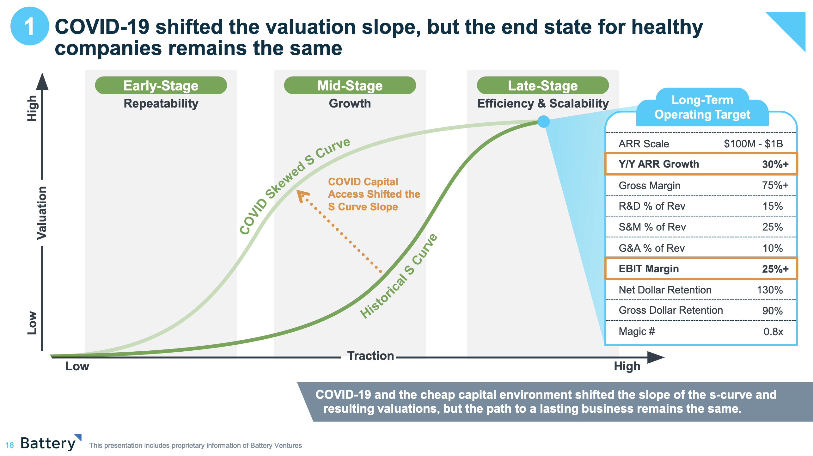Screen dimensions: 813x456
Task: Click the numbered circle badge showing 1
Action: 30,26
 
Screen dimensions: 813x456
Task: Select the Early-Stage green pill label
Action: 161,85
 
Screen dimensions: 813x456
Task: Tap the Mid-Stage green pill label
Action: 350,85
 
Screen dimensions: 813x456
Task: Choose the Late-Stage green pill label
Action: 543,85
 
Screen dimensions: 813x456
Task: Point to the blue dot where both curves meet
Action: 544,121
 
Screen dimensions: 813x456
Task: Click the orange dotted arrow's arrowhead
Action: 302,195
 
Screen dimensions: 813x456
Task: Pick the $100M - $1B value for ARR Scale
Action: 753,144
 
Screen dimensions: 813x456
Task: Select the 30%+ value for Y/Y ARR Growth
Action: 775,164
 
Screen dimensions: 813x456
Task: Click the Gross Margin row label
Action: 649,185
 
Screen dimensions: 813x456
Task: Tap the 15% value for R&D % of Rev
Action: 773,206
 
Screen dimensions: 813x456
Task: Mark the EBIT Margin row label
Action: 649,269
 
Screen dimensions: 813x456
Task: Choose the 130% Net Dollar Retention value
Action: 770,290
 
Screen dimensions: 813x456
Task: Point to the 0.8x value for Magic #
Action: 773,332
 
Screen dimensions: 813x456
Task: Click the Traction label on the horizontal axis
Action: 370,356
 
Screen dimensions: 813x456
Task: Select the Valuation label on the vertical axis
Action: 42,213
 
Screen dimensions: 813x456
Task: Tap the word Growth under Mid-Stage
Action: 350,103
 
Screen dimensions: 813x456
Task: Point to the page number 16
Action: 9,445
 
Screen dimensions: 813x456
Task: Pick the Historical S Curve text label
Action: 399,276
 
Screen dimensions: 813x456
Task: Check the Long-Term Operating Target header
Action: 702,107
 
